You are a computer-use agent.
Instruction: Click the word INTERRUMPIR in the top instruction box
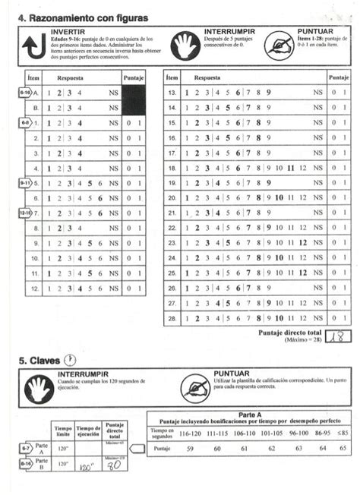point(230,31)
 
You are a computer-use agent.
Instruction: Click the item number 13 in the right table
point(171,92)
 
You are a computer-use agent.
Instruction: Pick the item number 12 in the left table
point(34,288)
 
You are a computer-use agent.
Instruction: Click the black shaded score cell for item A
point(133,93)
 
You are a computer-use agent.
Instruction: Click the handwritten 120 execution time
point(87,468)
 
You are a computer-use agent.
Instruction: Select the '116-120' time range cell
point(190,433)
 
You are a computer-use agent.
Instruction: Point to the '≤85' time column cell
point(343,433)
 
